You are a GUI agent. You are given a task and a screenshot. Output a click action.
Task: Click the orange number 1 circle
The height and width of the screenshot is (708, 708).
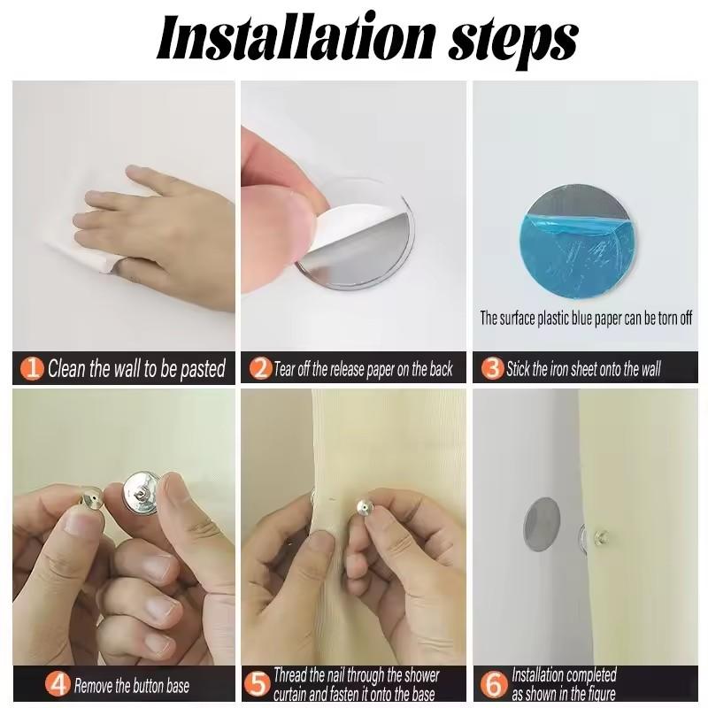pyautogui.click(x=32, y=368)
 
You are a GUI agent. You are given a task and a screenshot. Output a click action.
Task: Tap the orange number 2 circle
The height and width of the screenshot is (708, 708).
pyautogui.click(x=260, y=368)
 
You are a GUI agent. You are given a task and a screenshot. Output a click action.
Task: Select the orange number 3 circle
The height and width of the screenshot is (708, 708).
pyautogui.click(x=492, y=368)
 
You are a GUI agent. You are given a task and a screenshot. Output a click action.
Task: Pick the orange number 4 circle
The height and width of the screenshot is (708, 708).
pyautogui.click(x=58, y=684)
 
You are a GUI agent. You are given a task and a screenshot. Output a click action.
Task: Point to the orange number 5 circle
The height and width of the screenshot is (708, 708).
pyautogui.click(x=257, y=684)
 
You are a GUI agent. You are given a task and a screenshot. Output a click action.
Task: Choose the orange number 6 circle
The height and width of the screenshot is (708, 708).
pyautogui.click(x=493, y=684)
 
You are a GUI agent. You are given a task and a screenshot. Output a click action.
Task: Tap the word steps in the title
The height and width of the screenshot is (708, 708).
pyautogui.click(x=513, y=42)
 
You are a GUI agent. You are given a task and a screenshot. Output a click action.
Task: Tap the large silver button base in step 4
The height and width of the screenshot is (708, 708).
pyautogui.click(x=142, y=493)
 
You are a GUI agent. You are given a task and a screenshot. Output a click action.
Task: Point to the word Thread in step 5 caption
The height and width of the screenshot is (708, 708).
pyautogui.click(x=289, y=675)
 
